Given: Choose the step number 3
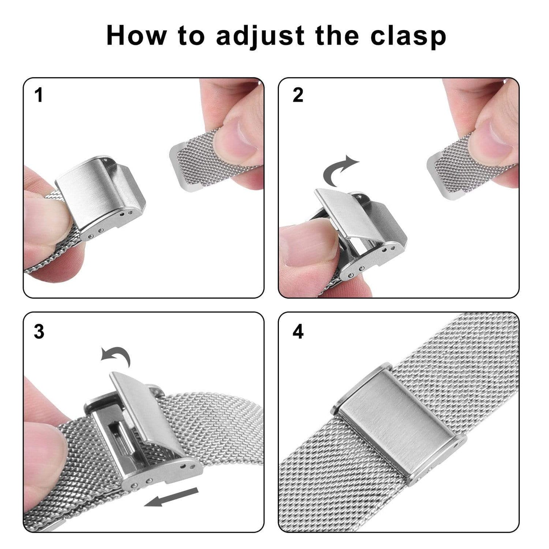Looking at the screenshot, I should click(39, 331).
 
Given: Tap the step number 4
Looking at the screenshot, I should click(298, 331).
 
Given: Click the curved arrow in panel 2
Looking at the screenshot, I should click(339, 171).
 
